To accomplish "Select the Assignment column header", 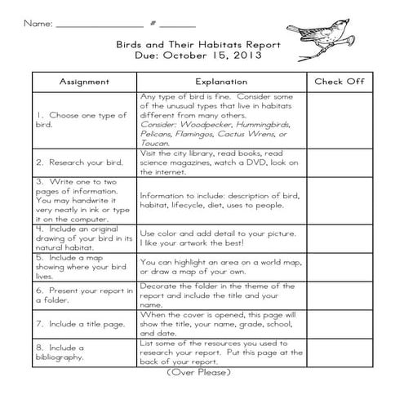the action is coord(84,82).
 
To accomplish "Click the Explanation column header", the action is coord(221,82).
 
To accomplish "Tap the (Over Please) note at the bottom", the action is coord(200,372).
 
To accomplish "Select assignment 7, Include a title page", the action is coord(82,324).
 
